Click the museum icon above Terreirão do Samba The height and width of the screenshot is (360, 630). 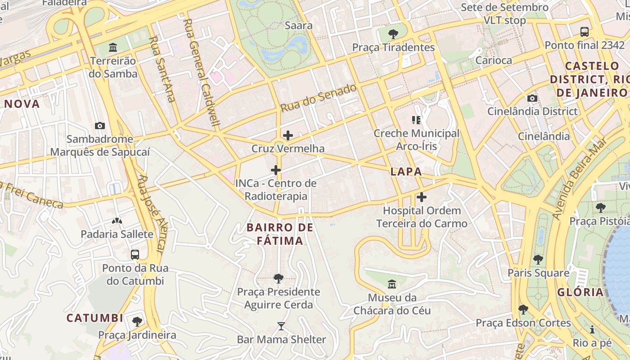point(113,47)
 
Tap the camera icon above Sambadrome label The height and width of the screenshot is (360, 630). point(100,126)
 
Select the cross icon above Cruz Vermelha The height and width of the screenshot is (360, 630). point(288,135)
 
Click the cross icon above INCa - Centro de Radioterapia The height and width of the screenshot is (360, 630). point(276,170)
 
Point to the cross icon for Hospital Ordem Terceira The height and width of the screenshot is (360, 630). point(422,197)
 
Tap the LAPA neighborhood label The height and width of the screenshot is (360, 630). point(406,171)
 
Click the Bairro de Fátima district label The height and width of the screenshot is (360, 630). point(280,234)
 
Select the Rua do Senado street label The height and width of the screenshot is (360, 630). point(319,98)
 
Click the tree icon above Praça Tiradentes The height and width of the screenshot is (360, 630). point(393,34)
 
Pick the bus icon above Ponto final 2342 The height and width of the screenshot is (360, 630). point(585,32)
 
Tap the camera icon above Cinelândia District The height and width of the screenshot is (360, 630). point(532,98)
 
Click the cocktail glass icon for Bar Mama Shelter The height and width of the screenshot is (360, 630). point(281,326)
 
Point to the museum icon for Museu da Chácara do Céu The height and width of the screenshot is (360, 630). point(392,284)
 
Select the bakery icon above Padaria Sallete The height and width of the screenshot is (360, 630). point(117,221)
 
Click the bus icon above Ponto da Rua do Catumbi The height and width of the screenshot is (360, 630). point(135,255)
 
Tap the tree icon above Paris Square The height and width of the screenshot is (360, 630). point(538,260)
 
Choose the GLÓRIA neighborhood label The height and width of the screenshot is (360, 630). point(580,292)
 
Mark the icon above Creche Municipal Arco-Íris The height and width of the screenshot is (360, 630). point(416,120)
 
